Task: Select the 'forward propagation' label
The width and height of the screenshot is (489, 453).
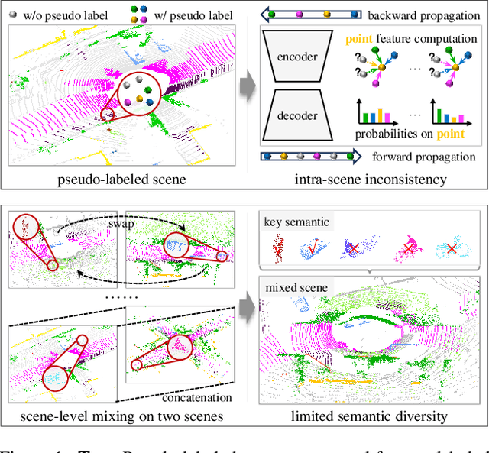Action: coord(424,158)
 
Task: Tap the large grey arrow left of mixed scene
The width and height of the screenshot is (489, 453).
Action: coord(245,306)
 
